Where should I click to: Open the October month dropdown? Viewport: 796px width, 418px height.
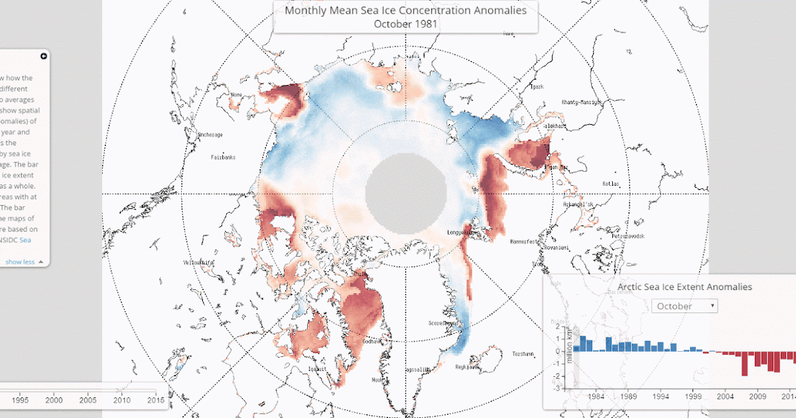(685, 306)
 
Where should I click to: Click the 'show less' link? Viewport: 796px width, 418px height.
(21, 262)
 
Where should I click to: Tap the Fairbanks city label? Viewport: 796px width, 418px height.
(223, 157)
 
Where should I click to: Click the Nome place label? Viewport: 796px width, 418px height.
(235, 94)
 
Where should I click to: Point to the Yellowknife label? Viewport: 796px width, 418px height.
(199, 263)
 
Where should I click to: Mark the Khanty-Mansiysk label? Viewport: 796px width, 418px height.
(581, 102)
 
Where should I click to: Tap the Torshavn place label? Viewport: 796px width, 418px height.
(523, 355)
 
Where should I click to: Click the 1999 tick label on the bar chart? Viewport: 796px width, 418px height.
(693, 397)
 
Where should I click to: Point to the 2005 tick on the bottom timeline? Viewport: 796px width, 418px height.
(88, 400)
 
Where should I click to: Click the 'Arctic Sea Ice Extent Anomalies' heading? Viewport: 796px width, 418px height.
(685, 287)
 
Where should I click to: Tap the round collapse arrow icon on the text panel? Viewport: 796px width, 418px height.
(44, 56)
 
